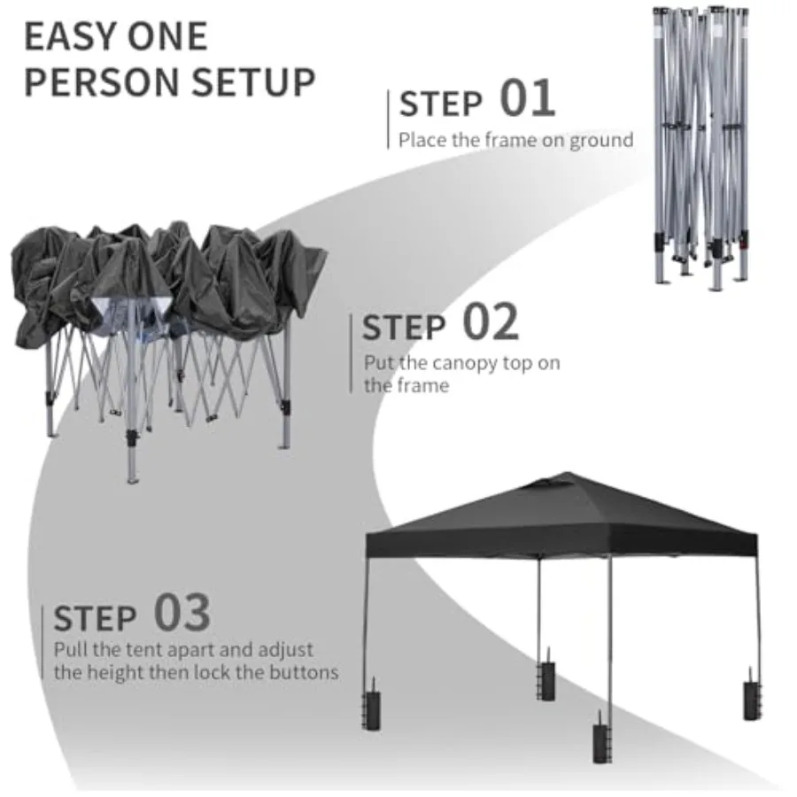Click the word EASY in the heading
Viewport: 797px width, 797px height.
click(x=71, y=36)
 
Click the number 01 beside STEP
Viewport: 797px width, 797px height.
click(x=527, y=97)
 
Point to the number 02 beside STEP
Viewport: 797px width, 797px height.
click(x=491, y=321)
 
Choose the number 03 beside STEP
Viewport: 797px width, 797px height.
click(x=182, y=613)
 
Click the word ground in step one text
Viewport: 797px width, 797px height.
click(x=601, y=140)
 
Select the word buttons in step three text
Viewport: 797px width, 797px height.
click(x=304, y=672)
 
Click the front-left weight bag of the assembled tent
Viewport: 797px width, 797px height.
click(x=372, y=706)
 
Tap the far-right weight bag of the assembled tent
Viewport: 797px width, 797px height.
click(x=752, y=695)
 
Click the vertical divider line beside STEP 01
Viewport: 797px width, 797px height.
click(x=389, y=120)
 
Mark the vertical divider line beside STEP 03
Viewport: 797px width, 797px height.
click(x=43, y=643)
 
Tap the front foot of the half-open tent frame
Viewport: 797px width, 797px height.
click(x=133, y=480)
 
